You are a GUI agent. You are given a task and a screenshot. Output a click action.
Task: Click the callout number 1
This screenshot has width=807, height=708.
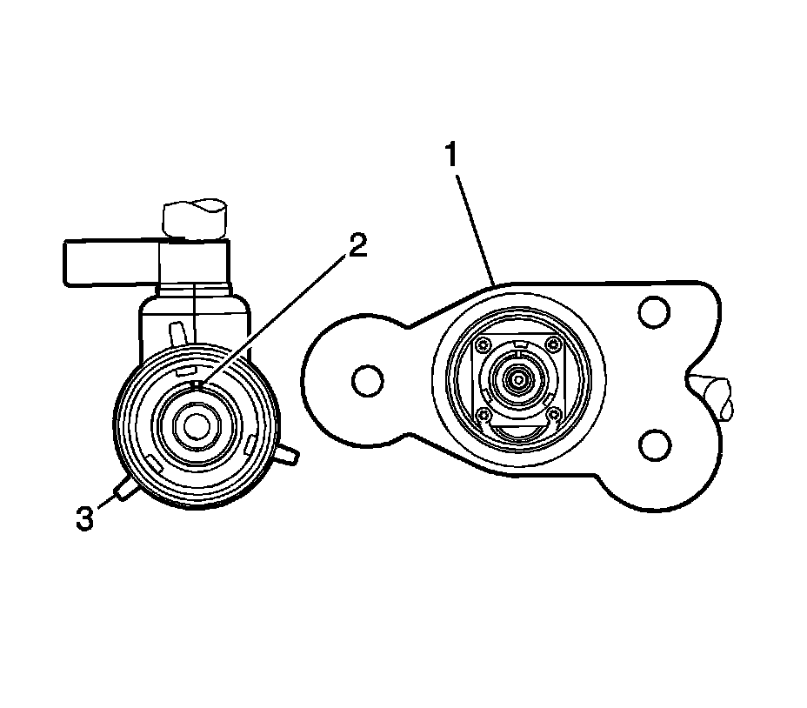[x=450, y=157]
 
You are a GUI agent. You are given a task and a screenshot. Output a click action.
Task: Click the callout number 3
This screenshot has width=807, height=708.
[x=84, y=521]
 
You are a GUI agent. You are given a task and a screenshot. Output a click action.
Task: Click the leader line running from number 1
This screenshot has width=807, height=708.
[x=473, y=226]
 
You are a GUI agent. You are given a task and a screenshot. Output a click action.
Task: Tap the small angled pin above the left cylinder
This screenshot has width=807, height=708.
[x=178, y=331]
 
